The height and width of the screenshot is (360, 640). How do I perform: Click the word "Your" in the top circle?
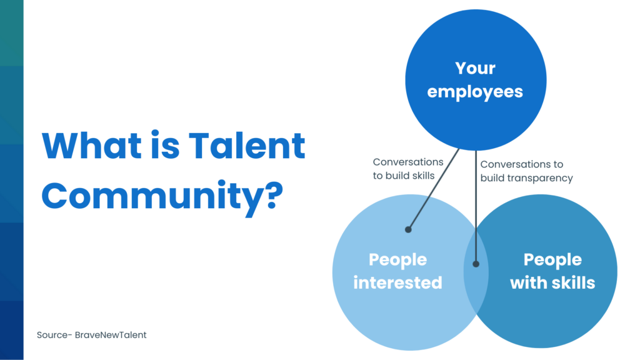pos(475,68)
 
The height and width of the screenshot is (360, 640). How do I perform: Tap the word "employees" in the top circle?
pos(475,92)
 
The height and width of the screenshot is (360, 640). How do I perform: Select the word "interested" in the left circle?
pos(397,282)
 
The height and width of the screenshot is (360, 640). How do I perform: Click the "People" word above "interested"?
pos(397,259)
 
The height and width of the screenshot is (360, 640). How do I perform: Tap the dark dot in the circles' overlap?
pos(476,264)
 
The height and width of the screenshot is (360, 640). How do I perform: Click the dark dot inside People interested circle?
pos(408,229)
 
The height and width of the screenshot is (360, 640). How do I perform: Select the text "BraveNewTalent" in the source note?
pos(111,335)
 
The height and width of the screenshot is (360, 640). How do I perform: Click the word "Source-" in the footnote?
pos(54,335)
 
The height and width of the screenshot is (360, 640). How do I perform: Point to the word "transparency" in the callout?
pos(541,177)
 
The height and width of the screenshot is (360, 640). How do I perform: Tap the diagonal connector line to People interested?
pos(434,189)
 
